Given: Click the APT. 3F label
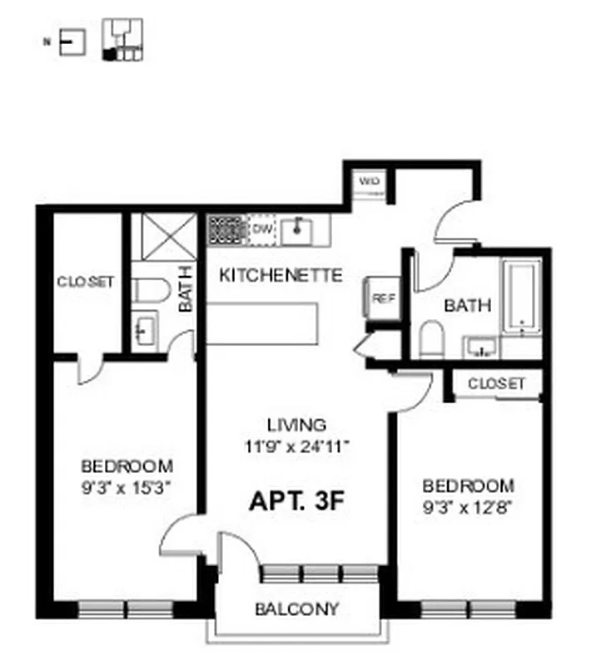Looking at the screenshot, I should (x=297, y=501).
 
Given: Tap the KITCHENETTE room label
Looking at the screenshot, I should (x=281, y=275).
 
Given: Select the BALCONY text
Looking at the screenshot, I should (x=296, y=609).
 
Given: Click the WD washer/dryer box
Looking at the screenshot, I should (x=369, y=182).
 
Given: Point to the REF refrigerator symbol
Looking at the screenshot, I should (x=382, y=297).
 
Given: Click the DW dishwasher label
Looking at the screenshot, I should (x=261, y=229).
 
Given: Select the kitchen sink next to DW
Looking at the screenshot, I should (x=296, y=229).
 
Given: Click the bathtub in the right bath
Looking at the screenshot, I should (x=521, y=296).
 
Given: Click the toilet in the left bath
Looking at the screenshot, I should (x=151, y=290).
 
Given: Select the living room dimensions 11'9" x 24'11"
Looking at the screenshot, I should (x=296, y=446).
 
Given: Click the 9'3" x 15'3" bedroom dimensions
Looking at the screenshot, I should (x=127, y=488).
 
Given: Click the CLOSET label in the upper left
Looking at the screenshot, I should (x=85, y=283).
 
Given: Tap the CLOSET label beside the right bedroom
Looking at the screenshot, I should (x=496, y=383).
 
